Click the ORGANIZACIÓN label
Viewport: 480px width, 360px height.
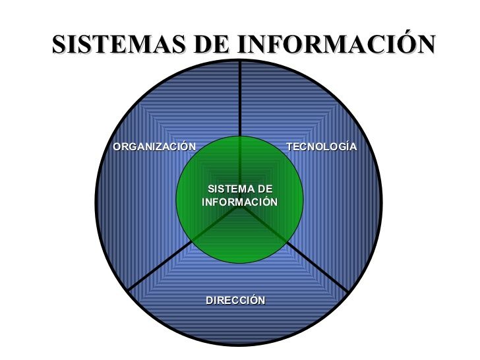pyautogui.click(x=154, y=146)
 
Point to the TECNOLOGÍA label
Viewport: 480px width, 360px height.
pyautogui.click(x=322, y=146)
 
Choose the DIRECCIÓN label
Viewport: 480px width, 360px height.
pyautogui.click(x=235, y=300)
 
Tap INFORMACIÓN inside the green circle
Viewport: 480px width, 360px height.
pyautogui.click(x=239, y=202)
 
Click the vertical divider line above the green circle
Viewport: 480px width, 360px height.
pyautogui.click(x=239, y=99)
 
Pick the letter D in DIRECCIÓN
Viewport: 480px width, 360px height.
pyautogui.click(x=210, y=300)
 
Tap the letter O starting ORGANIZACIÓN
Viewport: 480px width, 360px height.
pyautogui.click(x=117, y=146)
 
